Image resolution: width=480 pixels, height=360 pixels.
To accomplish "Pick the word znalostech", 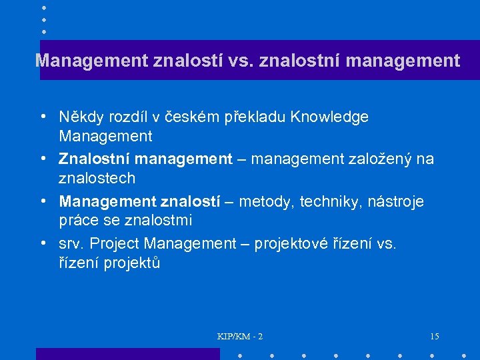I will tap(97, 179).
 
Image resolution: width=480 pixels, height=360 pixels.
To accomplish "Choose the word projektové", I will tap(305, 243).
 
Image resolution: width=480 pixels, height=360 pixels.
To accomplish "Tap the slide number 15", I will tap(434, 336).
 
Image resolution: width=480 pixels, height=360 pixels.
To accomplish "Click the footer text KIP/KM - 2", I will tap(240, 336).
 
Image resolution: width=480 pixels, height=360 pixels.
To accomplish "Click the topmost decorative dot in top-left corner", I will tap(43, 7).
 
